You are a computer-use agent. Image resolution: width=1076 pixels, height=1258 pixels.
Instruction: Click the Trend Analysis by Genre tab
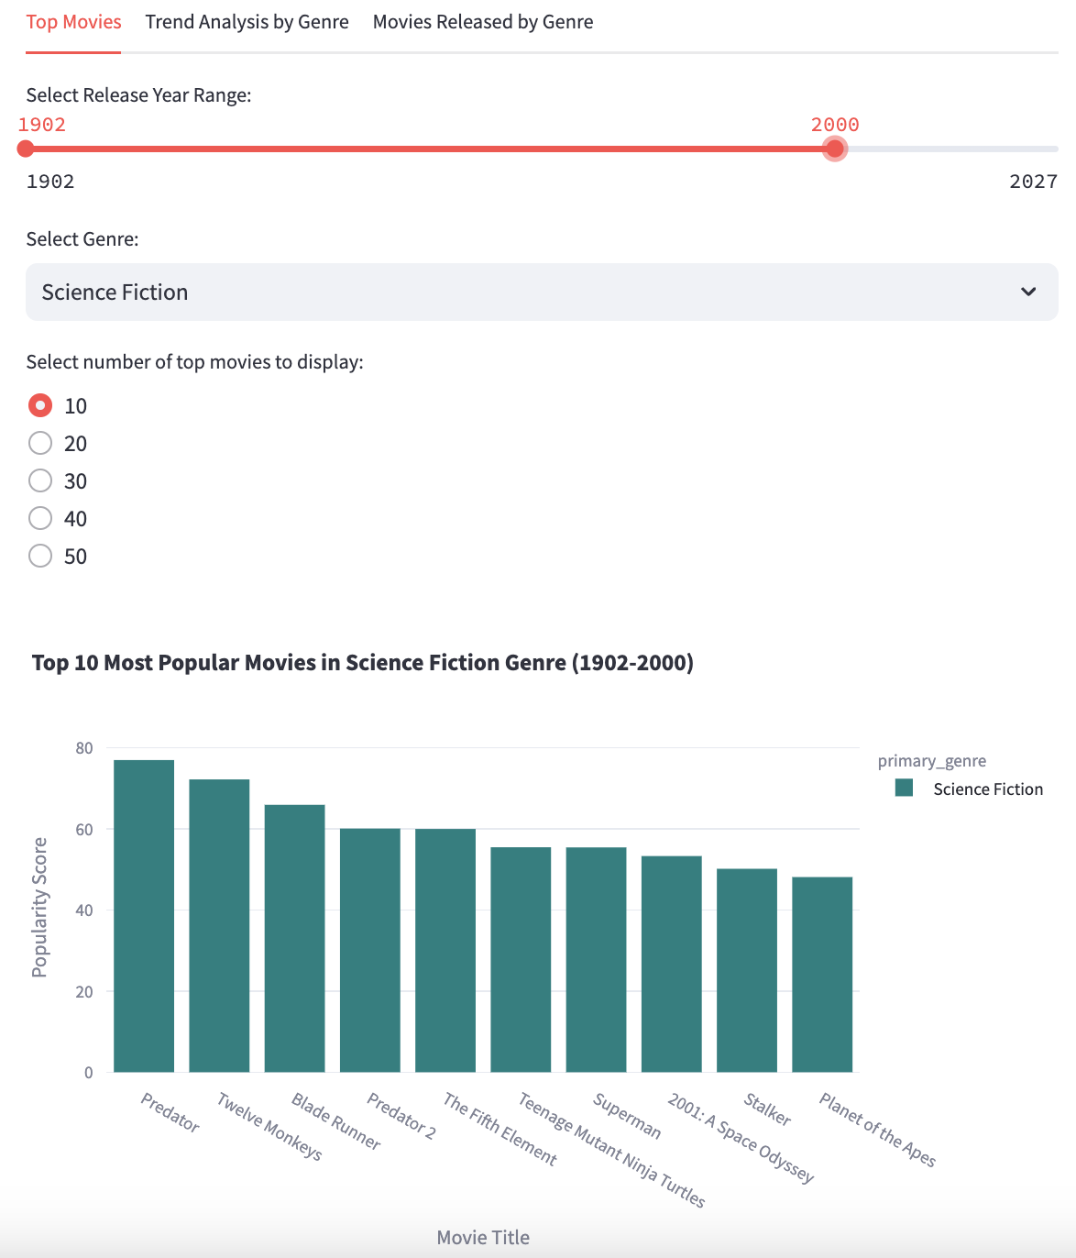click(x=247, y=22)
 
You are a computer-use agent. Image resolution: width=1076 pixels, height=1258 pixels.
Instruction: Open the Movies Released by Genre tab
click(x=482, y=22)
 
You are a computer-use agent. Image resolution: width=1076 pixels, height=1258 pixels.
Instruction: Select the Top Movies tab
click(x=73, y=22)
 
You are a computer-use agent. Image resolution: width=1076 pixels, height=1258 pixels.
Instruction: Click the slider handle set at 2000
click(x=834, y=149)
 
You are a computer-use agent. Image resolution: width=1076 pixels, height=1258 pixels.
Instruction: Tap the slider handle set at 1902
click(x=26, y=149)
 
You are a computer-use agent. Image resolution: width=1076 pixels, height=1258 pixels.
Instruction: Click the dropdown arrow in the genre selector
click(x=1028, y=292)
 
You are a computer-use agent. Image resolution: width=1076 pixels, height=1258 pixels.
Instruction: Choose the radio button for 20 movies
click(x=40, y=444)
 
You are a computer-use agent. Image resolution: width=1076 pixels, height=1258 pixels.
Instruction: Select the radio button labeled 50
click(x=40, y=557)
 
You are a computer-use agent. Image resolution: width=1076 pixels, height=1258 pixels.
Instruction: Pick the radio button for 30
click(x=40, y=481)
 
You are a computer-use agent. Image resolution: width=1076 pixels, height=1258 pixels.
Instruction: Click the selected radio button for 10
click(x=40, y=405)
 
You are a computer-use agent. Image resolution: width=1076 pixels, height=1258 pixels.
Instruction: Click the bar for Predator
click(x=144, y=917)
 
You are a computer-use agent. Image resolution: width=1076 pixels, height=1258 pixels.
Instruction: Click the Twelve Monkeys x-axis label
click(x=269, y=1127)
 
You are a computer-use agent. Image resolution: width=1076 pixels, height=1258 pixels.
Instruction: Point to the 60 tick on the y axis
click(x=84, y=830)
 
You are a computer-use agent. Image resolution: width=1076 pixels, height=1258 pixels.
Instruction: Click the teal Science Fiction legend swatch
click(x=905, y=789)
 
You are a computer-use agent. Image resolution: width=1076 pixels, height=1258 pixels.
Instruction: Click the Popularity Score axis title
click(x=39, y=907)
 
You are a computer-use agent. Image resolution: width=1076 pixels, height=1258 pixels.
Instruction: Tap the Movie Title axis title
click(x=483, y=1238)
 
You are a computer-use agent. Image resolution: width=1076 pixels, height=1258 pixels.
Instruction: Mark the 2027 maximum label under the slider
click(x=1033, y=182)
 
